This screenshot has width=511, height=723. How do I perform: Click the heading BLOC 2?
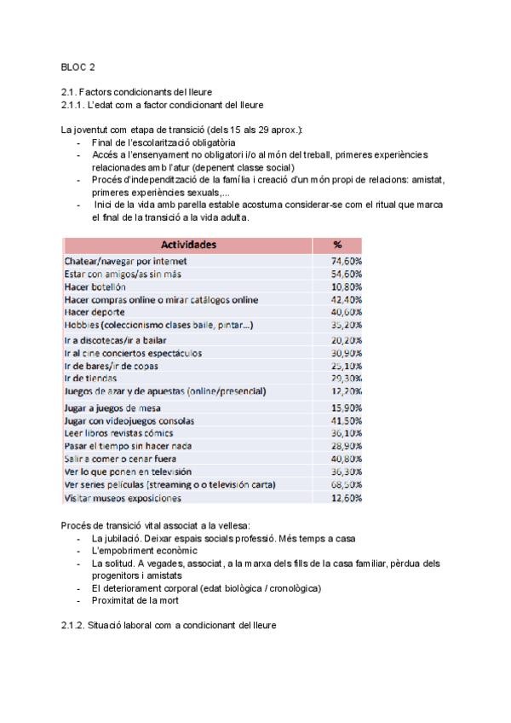(78, 66)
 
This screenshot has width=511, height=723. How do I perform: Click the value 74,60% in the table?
(347, 261)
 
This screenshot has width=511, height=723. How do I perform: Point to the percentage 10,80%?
(347, 287)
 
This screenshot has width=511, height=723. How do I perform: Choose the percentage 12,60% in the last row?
(347, 498)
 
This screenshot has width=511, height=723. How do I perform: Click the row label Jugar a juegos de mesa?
(112, 408)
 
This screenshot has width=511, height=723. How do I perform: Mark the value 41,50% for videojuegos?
(347, 420)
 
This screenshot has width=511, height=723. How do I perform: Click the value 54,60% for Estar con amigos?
(347, 275)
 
